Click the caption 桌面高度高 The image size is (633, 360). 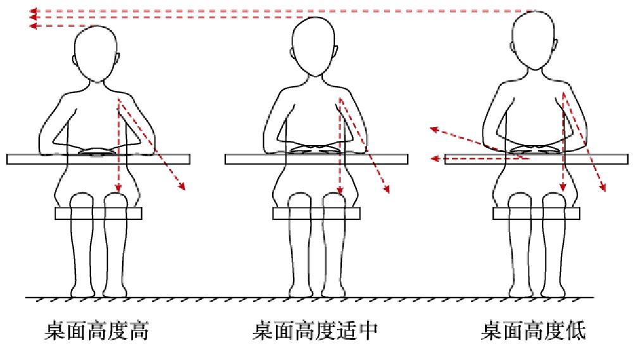97,331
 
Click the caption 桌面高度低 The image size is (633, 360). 534,331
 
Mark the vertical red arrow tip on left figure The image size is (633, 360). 118,188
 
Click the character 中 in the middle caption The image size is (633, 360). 368,331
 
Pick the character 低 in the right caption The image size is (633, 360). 576,331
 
